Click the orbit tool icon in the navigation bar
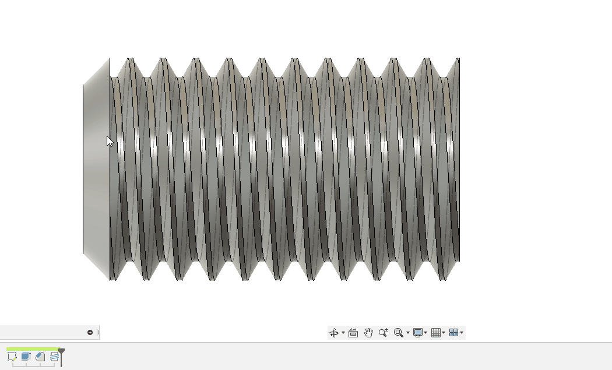click(334, 333)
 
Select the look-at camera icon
click(353, 333)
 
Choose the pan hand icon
click(368, 333)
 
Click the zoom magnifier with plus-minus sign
click(383, 333)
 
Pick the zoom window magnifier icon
click(399, 333)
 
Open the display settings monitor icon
click(418, 333)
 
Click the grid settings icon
click(435, 333)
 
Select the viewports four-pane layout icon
click(453, 333)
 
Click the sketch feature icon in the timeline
click(12, 357)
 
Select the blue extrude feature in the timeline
click(26, 357)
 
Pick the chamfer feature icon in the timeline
click(40, 357)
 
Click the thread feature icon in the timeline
click(54, 357)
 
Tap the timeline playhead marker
click(61, 352)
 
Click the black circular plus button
click(90, 333)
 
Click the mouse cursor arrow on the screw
click(110, 141)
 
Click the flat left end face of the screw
click(96, 169)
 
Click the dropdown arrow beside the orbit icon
click(343, 333)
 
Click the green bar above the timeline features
click(32, 349)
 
